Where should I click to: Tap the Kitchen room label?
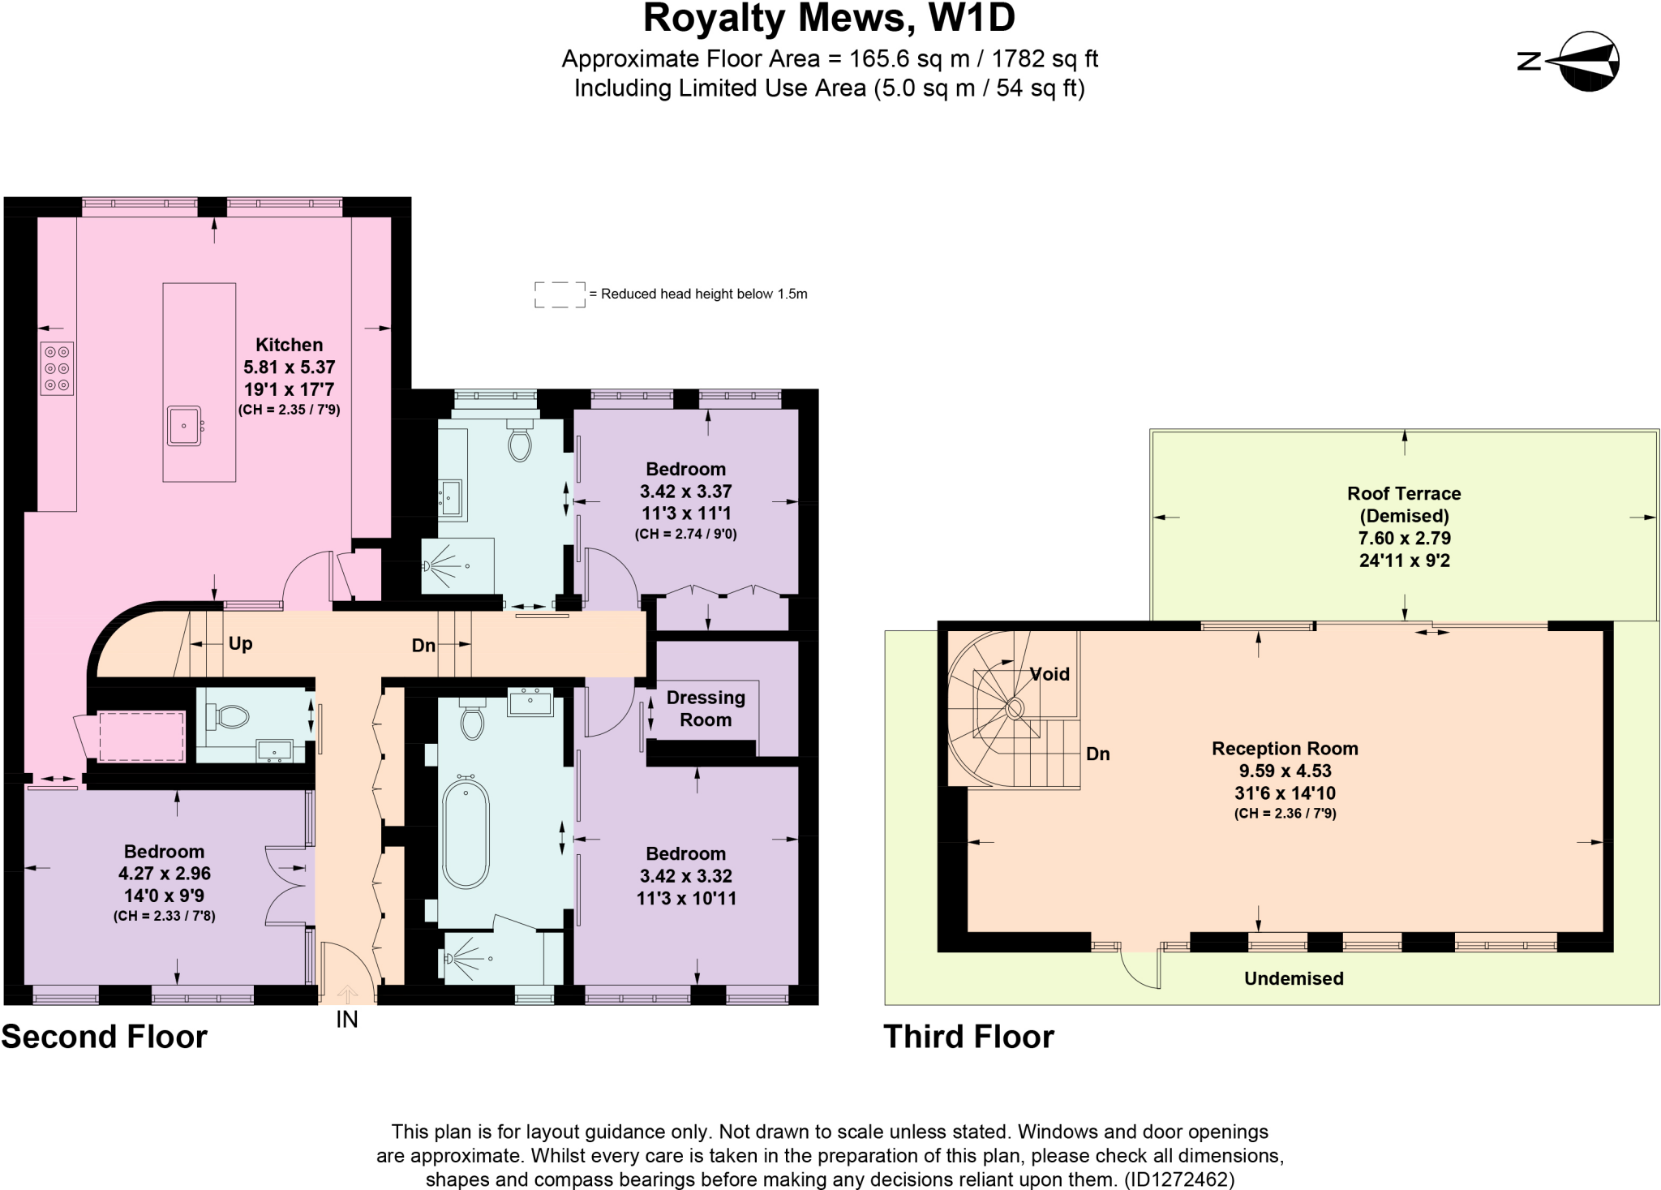point(289,345)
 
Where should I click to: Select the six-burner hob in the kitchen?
point(57,368)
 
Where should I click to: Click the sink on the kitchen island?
point(185,425)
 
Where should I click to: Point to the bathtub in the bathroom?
point(466,831)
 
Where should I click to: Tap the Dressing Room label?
point(706,708)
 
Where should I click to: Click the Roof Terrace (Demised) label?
point(1404,505)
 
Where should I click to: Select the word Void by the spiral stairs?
point(1049,674)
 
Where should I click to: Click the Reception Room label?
point(1285,749)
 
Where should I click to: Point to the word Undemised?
point(1294,978)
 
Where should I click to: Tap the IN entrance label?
point(347,1020)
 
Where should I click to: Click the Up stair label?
point(240,644)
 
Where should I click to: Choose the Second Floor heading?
point(104,1037)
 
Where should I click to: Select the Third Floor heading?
point(968,1037)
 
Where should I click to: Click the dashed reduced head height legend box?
point(560,294)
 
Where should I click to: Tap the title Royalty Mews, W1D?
point(829,19)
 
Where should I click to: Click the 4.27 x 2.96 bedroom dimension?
point(165,874)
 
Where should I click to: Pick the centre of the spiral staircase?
point(1015,710)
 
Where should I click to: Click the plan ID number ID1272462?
point(1179,1179)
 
